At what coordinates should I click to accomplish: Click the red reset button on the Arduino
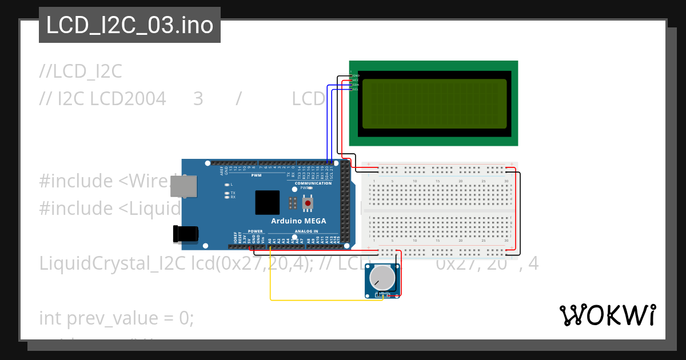(308, 203)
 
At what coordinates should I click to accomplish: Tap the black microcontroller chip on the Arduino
(268, 202)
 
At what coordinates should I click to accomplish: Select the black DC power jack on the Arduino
(186, 233)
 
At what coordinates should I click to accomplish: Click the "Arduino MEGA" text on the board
(298, 221)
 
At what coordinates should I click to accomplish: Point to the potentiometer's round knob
(381, 278)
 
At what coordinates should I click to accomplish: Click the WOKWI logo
(607, 315)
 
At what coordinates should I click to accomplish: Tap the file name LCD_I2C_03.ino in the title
(130, 25)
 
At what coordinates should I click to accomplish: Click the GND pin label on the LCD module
(356, 75)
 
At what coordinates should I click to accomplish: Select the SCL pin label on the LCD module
(356, 89)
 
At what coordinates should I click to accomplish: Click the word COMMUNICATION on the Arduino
(313, 183)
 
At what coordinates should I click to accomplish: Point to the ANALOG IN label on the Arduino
(306, 231)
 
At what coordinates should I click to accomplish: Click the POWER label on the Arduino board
(256, 231)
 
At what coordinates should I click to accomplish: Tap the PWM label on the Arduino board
(256, 175)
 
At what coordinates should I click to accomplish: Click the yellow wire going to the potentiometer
(320, 299)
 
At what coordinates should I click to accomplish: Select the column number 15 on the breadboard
(438, 181)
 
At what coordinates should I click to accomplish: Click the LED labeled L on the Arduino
(228, 185)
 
